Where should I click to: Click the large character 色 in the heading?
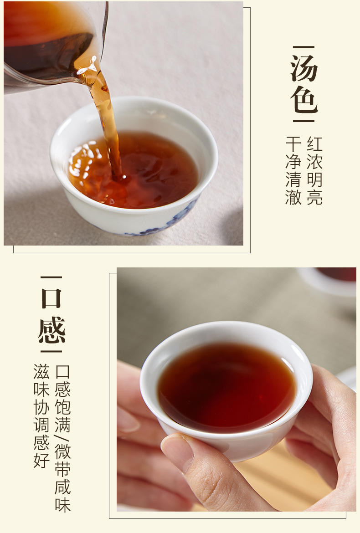[x=304, y=99]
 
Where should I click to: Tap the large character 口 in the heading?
[x=51, y=298]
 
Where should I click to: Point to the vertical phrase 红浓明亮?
[x=314, y=171]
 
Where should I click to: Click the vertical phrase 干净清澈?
[x=293, y=171]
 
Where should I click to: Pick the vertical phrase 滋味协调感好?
[x=41, y=416]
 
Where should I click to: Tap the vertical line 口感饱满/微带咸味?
[x=62, y=439]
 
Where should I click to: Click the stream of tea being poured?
[x=105, y=119]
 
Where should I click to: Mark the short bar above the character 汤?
[x=304, y=47]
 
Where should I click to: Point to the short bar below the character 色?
[x=304, y=121]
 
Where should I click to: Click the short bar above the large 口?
[x=51, y=277]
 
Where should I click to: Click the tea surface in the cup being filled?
[x=133, y=169]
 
